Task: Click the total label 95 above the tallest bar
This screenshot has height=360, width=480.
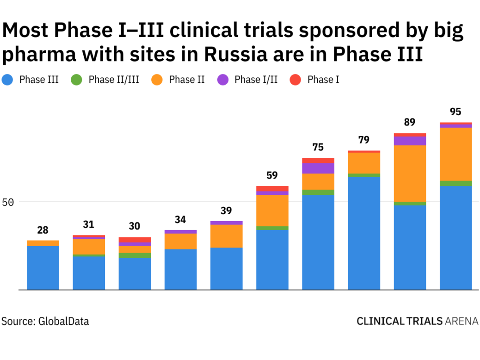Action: pyautogui.click(x=455, y=112)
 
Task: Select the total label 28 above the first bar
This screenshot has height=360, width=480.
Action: pyautogui.click(x=43, y=230)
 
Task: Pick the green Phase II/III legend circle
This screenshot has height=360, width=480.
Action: pyautogui.click(x=76, y=80)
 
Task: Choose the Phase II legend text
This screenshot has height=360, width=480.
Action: pyautogui.click(x=187, y=80)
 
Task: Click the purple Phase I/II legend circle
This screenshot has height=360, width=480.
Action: pyautogui.click(x=223, y=80)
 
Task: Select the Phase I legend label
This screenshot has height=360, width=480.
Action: pyautogui.click(x=323, y=80)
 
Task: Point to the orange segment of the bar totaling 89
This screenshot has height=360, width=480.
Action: pyautogui.click(x=410, y=174)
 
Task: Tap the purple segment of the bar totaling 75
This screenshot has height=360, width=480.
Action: pyautogui.click(x=318, y=168)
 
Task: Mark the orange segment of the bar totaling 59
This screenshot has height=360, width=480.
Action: pyautogui.click(x=272, y=211)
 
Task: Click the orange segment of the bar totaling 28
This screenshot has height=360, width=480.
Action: pyautogui.click(x=43, y=243)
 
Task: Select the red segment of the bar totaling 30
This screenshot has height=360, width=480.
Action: pyautogui.click(x=135, y=240)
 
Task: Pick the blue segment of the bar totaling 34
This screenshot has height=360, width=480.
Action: pyautogui.click(x=180, y=269)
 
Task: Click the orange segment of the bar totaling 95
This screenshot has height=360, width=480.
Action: pyautogui.click(x=455, y=154)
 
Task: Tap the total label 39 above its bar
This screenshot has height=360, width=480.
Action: pyautogui.click(x=226, y=211)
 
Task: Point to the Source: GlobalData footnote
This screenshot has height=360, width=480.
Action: pyautogui.click(x=45, y=321)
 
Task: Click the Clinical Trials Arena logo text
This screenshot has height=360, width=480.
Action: pyautogui.click(x=417, y=321)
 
